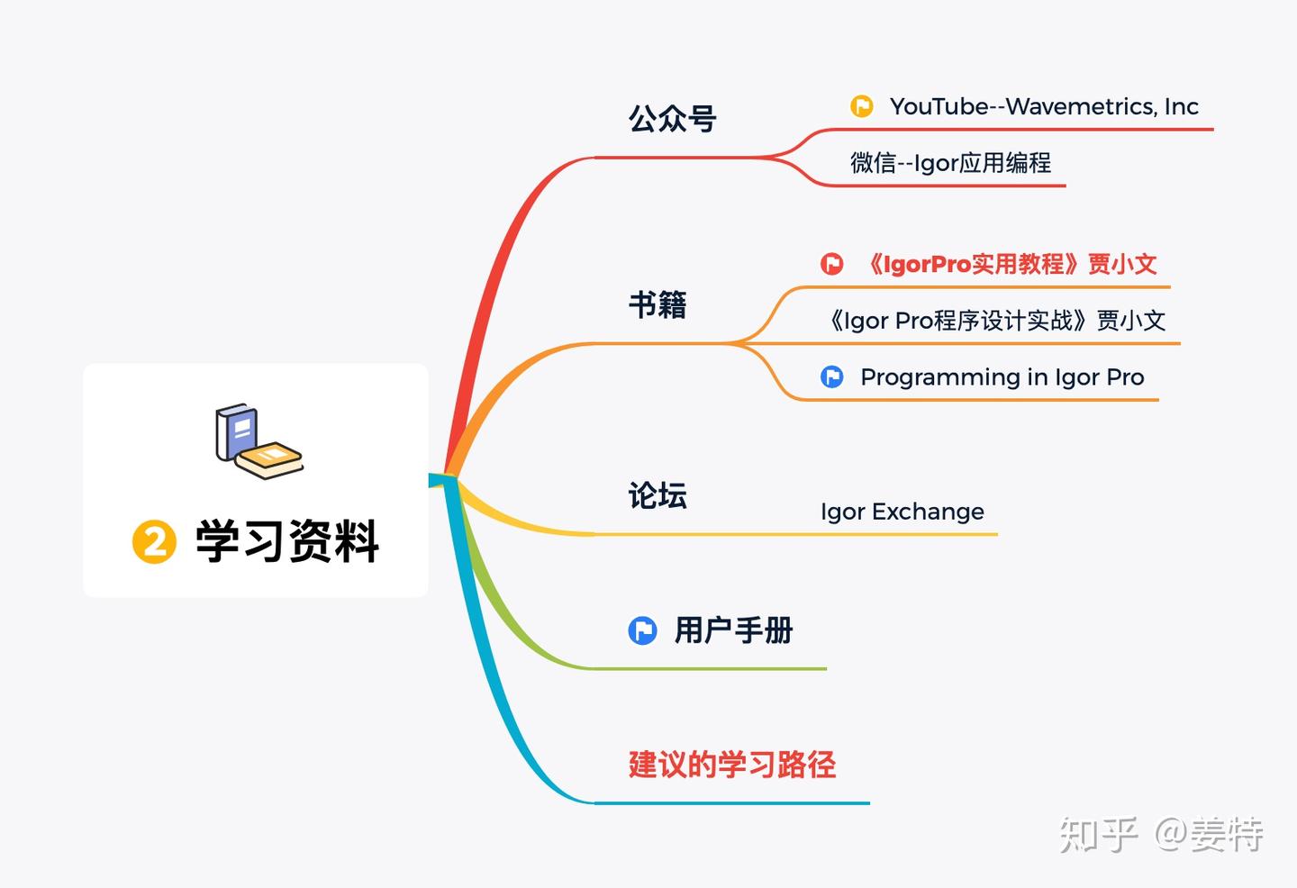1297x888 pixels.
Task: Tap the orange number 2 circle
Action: [154, 542]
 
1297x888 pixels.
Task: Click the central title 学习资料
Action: [287, 542]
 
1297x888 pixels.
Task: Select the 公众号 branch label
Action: [672, 119]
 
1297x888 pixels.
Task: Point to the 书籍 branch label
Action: [658, 304]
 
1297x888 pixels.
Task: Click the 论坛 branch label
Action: [658, 495]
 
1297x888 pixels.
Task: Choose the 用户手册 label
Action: [733, 630]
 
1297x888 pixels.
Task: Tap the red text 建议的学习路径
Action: [731, 765]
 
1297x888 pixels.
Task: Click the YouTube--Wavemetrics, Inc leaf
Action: [1043, 106]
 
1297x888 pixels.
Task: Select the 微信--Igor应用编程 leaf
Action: [950, 163]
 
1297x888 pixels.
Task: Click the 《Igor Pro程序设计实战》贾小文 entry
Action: [996, 321]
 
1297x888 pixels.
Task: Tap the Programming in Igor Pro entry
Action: [1002, 377]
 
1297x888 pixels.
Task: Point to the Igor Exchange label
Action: [902, 512]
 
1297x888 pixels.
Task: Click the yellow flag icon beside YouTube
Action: [862, 106]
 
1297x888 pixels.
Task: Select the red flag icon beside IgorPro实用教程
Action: [832, 264]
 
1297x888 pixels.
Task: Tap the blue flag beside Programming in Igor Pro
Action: [832, 376]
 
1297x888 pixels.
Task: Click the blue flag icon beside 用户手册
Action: [642, 630]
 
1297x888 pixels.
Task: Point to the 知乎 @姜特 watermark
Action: [1160, 835]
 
